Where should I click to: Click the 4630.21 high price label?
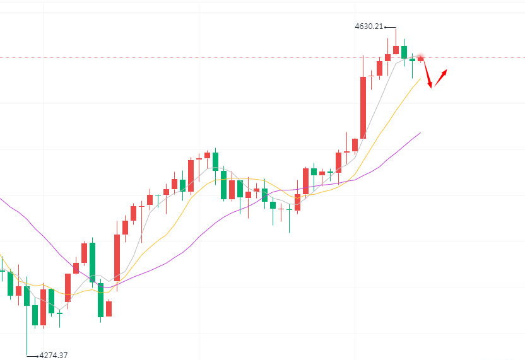click(369, 26)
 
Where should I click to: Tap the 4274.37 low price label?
click(53, 355)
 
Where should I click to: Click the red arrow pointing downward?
click(427, 73)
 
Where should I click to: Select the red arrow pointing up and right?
click(440, 78)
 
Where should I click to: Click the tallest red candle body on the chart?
click(363, 107)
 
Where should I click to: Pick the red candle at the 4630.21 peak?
click(396, 50)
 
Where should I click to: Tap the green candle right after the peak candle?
click(404, 52)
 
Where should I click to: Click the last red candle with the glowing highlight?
click(420, 59)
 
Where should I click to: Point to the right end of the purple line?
click(420, 132)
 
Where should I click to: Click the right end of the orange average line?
click(420, 78)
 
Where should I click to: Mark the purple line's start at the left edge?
click(1, 199)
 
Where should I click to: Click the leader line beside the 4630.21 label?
click(391, 27)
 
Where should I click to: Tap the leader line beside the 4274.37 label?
click(33, 355)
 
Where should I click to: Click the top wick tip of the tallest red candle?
click(363, 55)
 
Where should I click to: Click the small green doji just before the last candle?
click(412, 60)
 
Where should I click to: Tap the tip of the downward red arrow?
click(431, 88)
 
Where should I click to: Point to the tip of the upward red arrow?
click(447, 69)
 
